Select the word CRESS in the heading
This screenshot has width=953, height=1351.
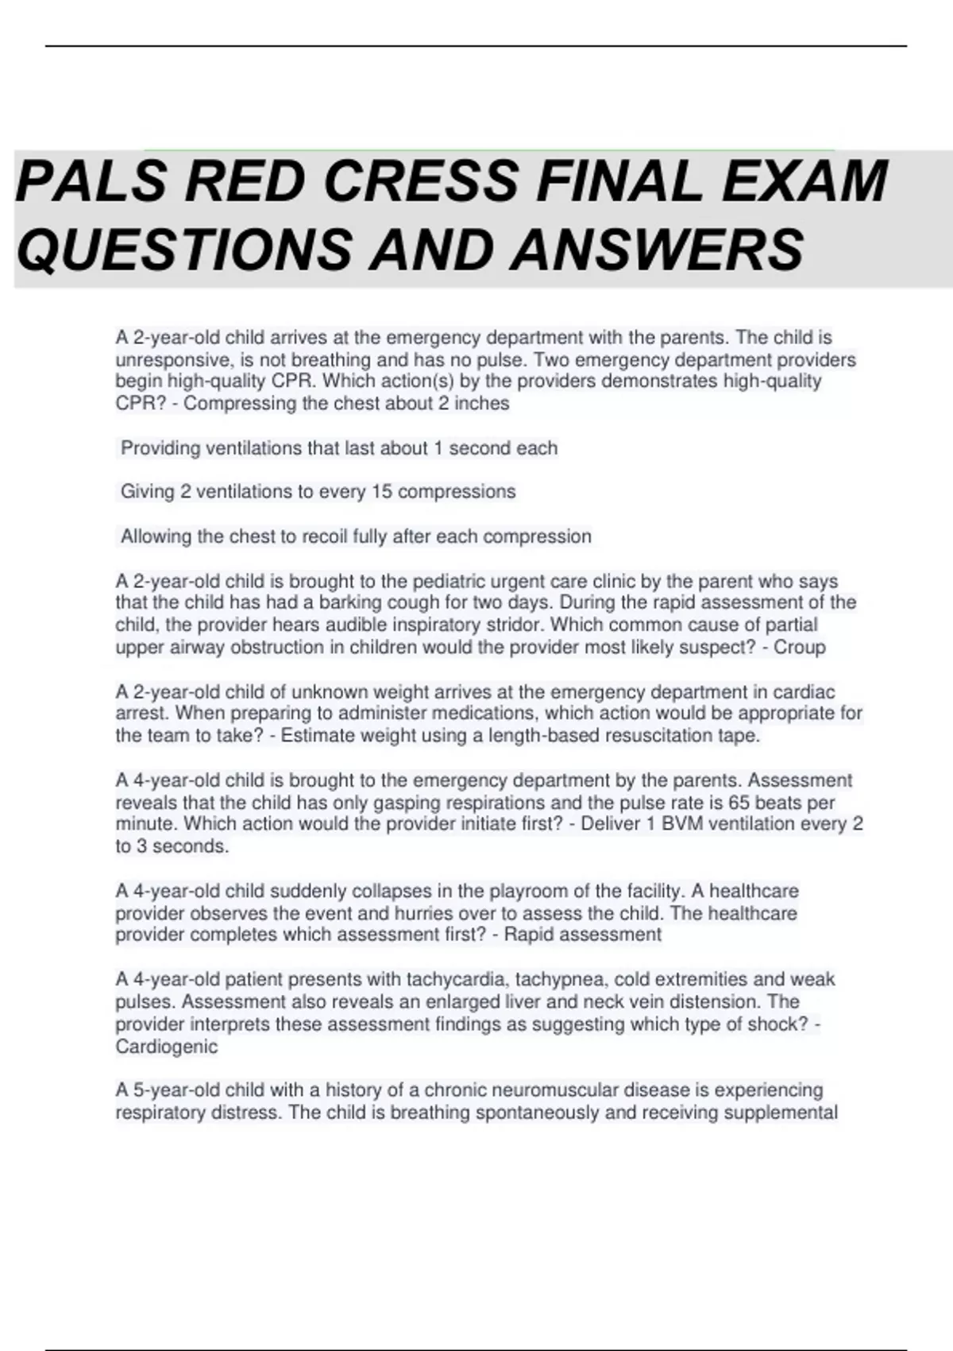[x=420, y=181]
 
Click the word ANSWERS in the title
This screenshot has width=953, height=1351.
[x=657, y=250]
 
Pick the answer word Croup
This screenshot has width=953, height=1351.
[x=800, y=647]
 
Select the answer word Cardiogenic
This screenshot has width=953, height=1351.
[x=167, y=1046]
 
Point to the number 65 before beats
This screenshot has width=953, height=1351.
[x=739, y=802]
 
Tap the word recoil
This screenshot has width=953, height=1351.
[x=324, y=536]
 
